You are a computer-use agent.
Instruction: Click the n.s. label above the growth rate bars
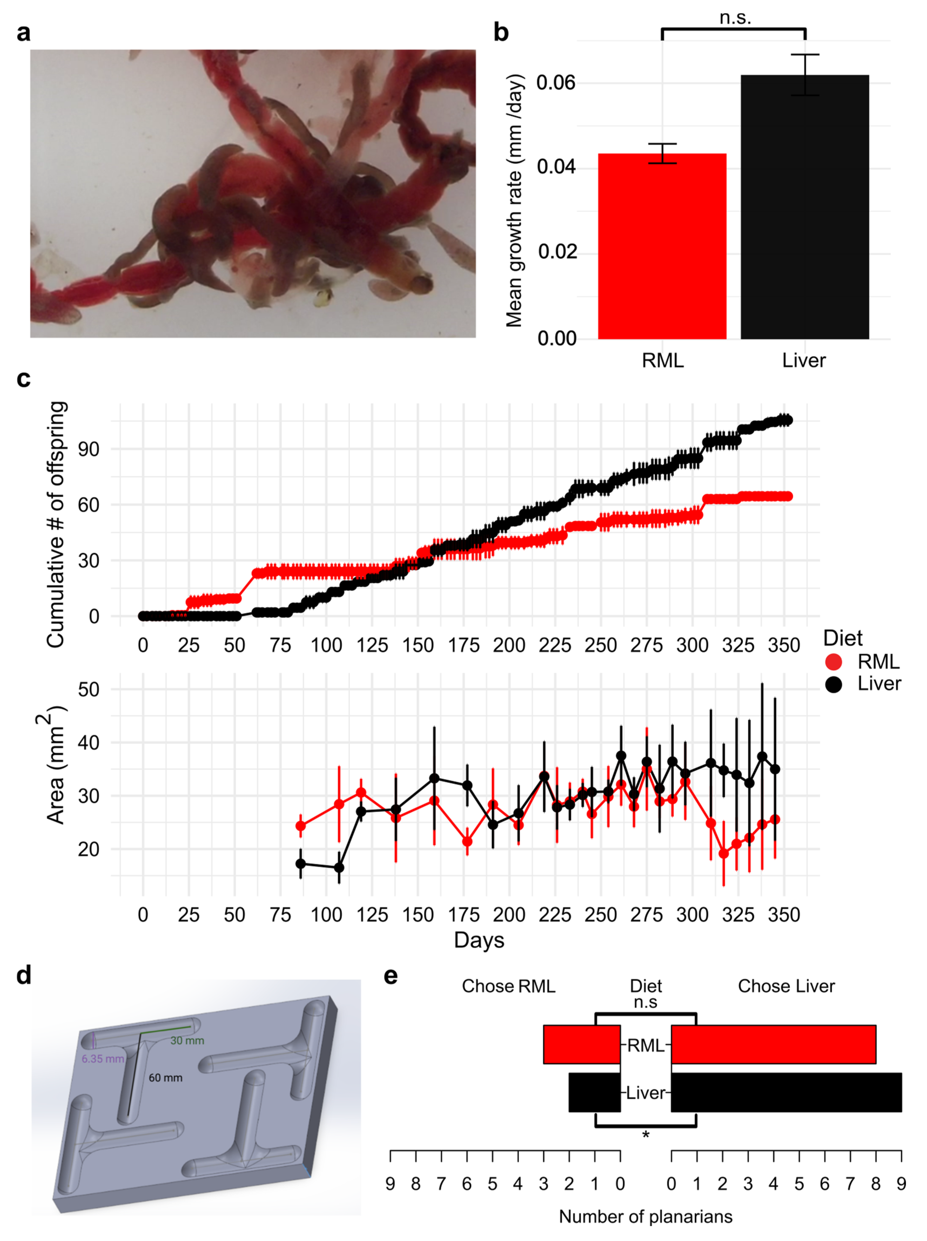735,18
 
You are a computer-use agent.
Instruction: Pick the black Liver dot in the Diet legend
833,684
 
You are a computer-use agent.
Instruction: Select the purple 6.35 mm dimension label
103,1059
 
